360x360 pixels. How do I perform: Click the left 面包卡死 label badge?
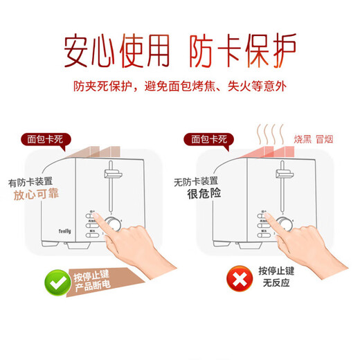tap(45, 138)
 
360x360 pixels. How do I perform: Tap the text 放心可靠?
tap(36, 195)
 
